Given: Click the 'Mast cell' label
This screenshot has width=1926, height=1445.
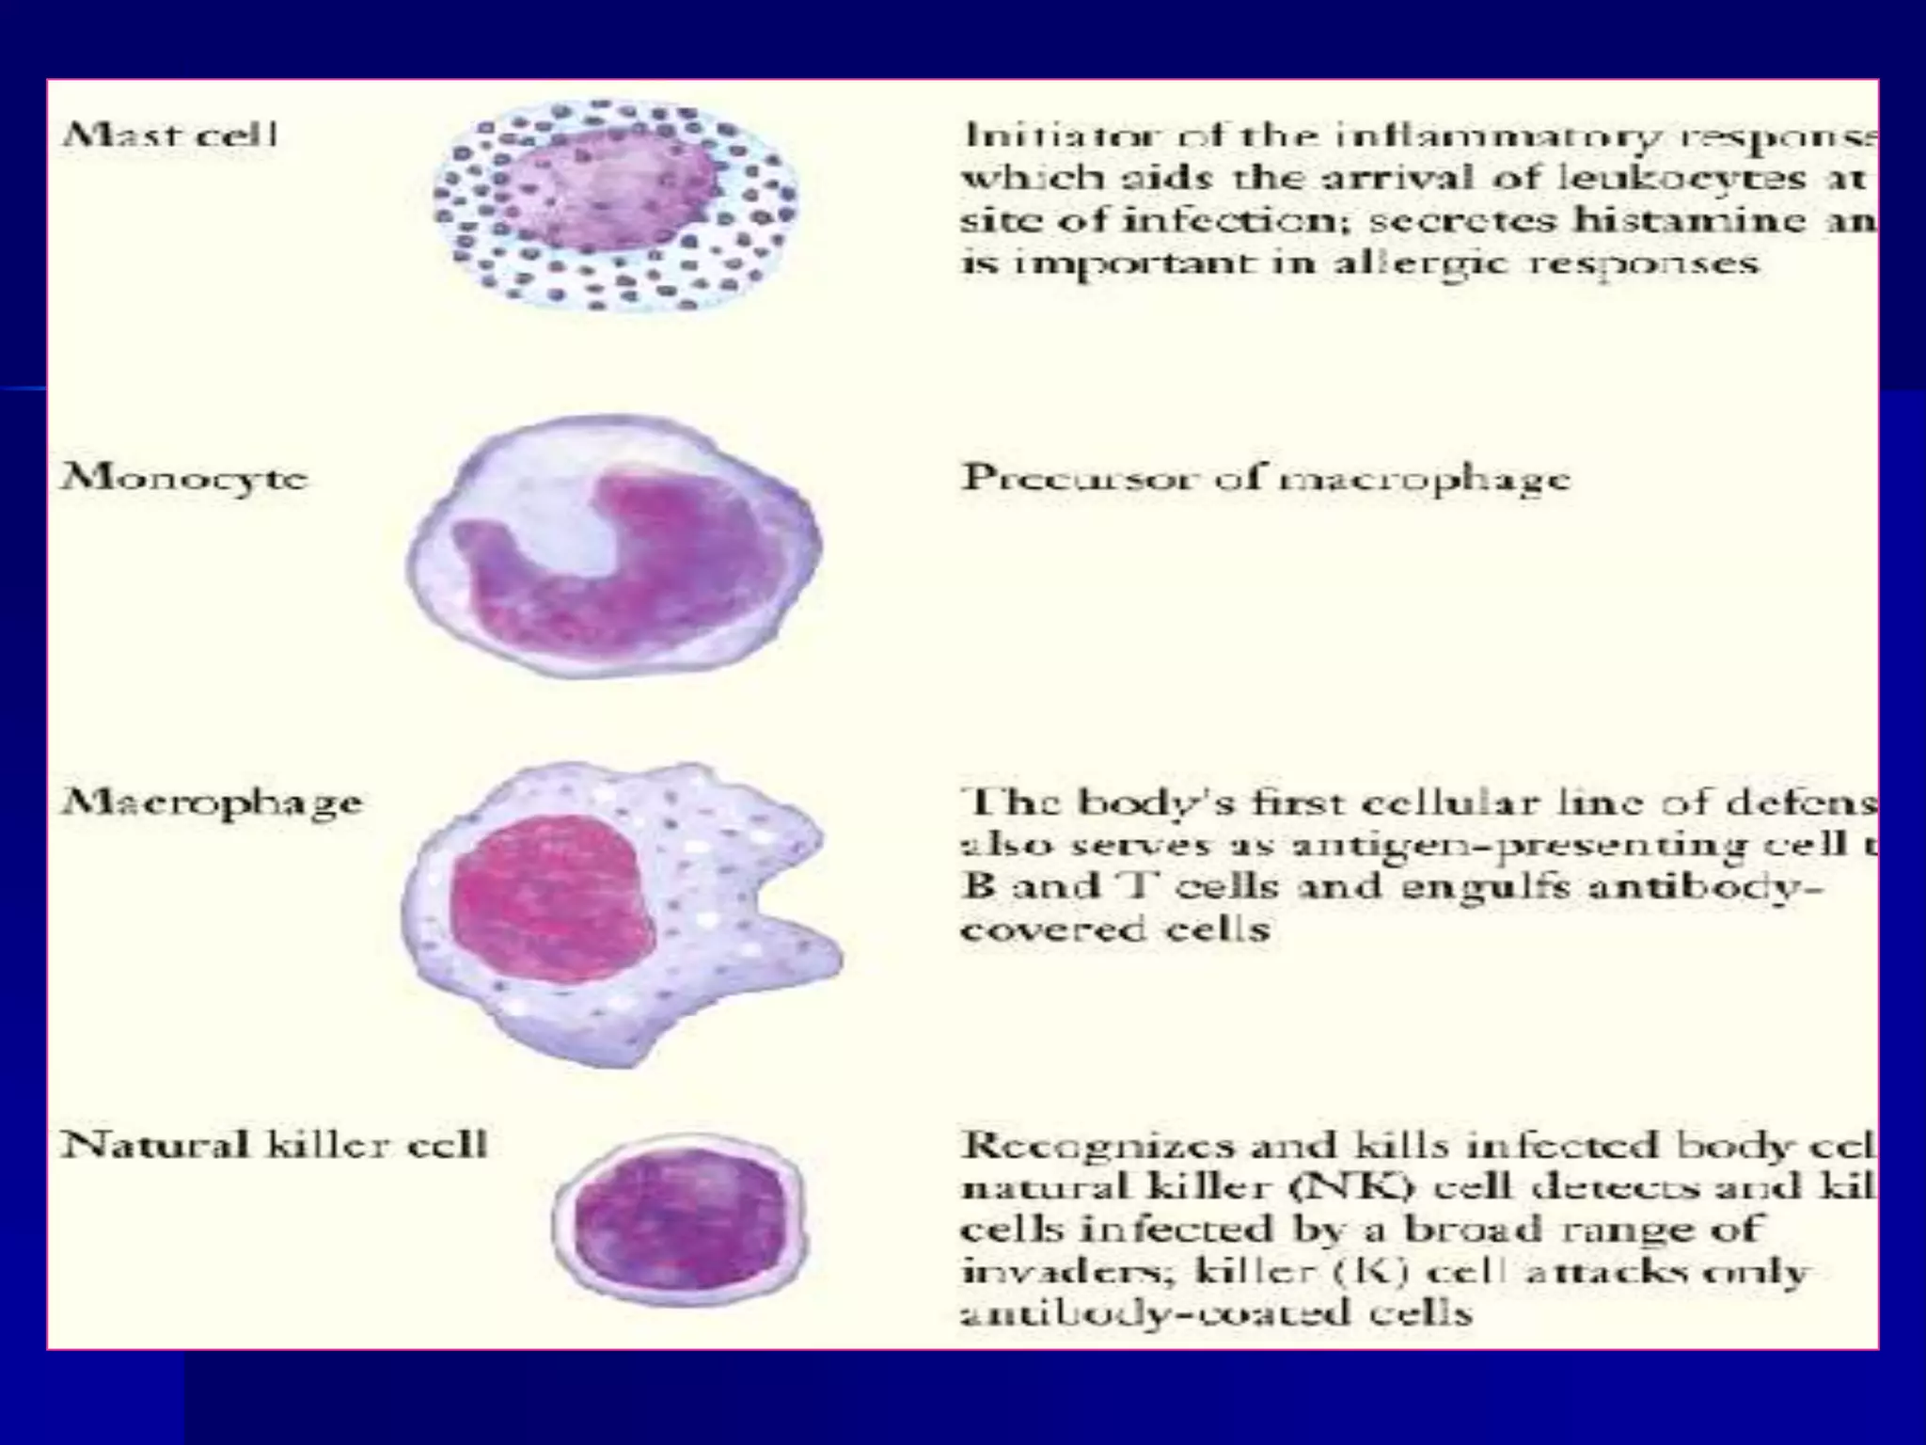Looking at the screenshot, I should pyautogui.click(x=170, y=135).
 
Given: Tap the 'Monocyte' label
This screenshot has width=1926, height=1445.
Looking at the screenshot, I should pyautogui.click(x=184, y=478).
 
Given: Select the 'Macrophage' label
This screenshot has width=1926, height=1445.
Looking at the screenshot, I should pyautogui.click(x=212, y=802).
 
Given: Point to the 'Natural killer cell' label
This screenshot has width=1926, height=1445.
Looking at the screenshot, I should pyautogui.click(x=274, y=1145).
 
